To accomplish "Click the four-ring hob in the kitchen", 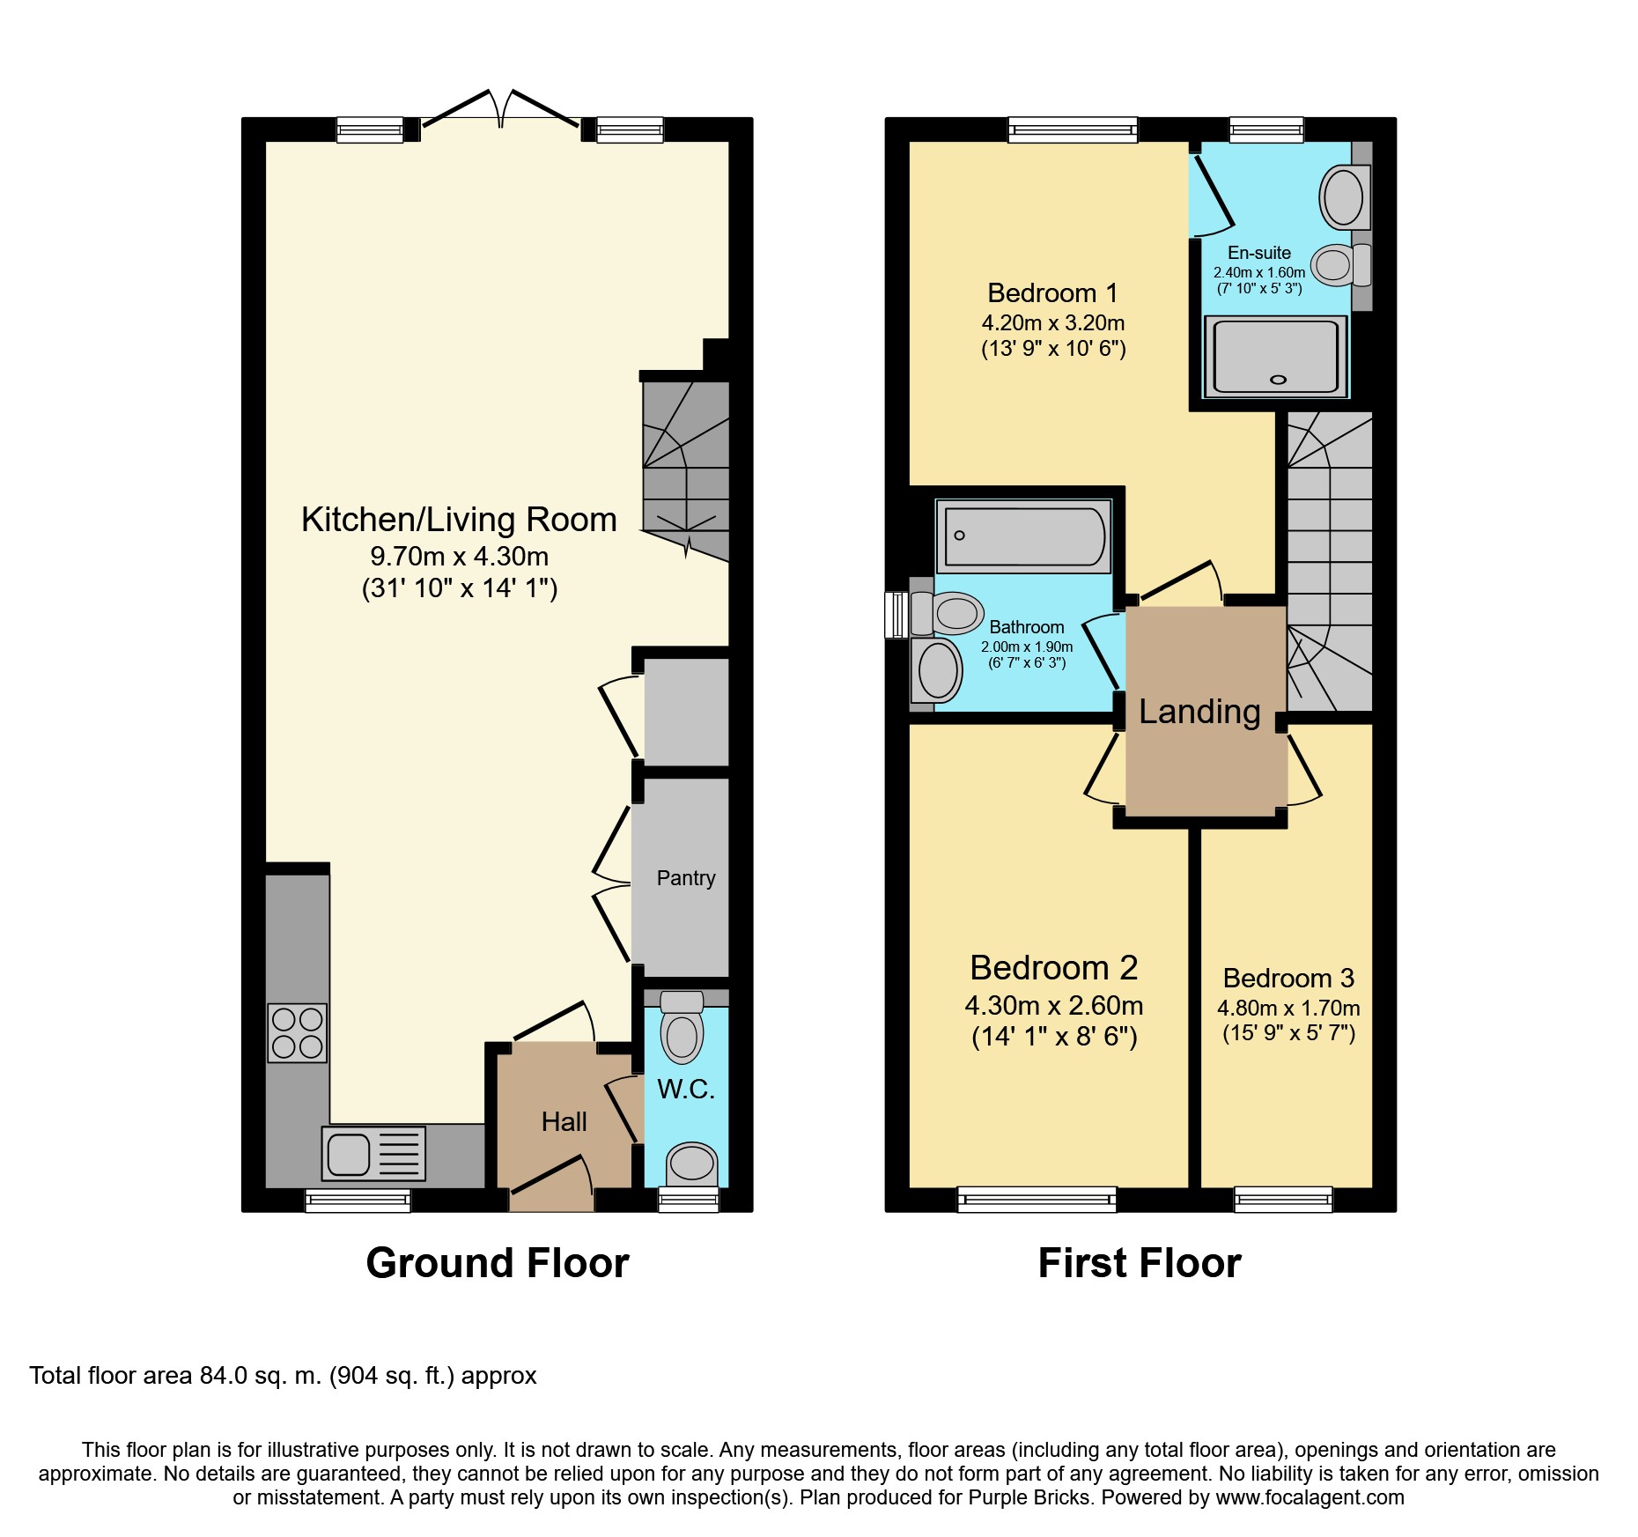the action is (297, 1032).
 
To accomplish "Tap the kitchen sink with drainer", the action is (373, 1153).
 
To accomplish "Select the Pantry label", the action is (686, 878).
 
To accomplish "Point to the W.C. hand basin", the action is (691, 1164).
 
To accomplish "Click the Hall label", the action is (564, 1121).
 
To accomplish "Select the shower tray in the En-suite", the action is (1276, 356).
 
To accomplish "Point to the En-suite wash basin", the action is (1345, 196).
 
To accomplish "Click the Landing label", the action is (1199, 712).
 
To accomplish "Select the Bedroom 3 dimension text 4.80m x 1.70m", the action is (1288, 1008).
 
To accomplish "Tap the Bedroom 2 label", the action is (1054, 968).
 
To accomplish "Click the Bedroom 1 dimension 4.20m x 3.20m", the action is (1053, 322).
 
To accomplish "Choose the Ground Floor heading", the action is (498, 1263).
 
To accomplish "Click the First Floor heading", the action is (1140, 1263).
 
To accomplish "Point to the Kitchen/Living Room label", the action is (459, 520).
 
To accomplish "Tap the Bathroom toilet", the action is (947, 613).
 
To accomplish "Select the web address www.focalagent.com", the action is (1310, 1497).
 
